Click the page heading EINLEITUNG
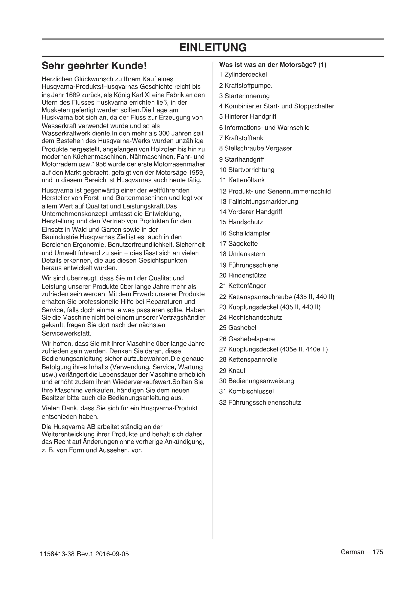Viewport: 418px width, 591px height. (213, 48)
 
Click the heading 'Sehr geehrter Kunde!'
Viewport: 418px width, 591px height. (94, 66)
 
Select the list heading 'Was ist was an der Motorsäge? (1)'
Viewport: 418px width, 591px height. (273, 65)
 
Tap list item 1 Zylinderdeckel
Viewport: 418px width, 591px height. (243, 75)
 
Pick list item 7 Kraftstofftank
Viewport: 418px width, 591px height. (241, 138)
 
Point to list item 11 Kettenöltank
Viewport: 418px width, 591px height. (242, 180)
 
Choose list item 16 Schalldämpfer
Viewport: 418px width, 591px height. (245, 233)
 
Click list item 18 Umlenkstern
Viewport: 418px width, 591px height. (242, 254)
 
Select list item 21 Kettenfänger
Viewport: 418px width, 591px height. (242, 286)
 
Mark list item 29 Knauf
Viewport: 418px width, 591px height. (232, 371)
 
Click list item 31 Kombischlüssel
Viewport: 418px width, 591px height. (246, 391)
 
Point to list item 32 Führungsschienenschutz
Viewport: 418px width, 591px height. (260, 403)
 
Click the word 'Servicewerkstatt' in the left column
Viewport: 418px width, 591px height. (66, 333)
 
